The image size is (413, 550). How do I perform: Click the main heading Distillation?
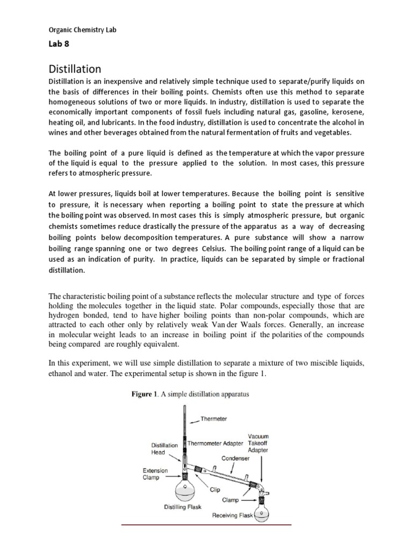pyautogui.click(x=75, y=69)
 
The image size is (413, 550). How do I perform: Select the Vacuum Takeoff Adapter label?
pyautogui.click(x=258, y=443)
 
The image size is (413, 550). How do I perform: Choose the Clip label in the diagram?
pyautogui.click(x=215, y=489)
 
